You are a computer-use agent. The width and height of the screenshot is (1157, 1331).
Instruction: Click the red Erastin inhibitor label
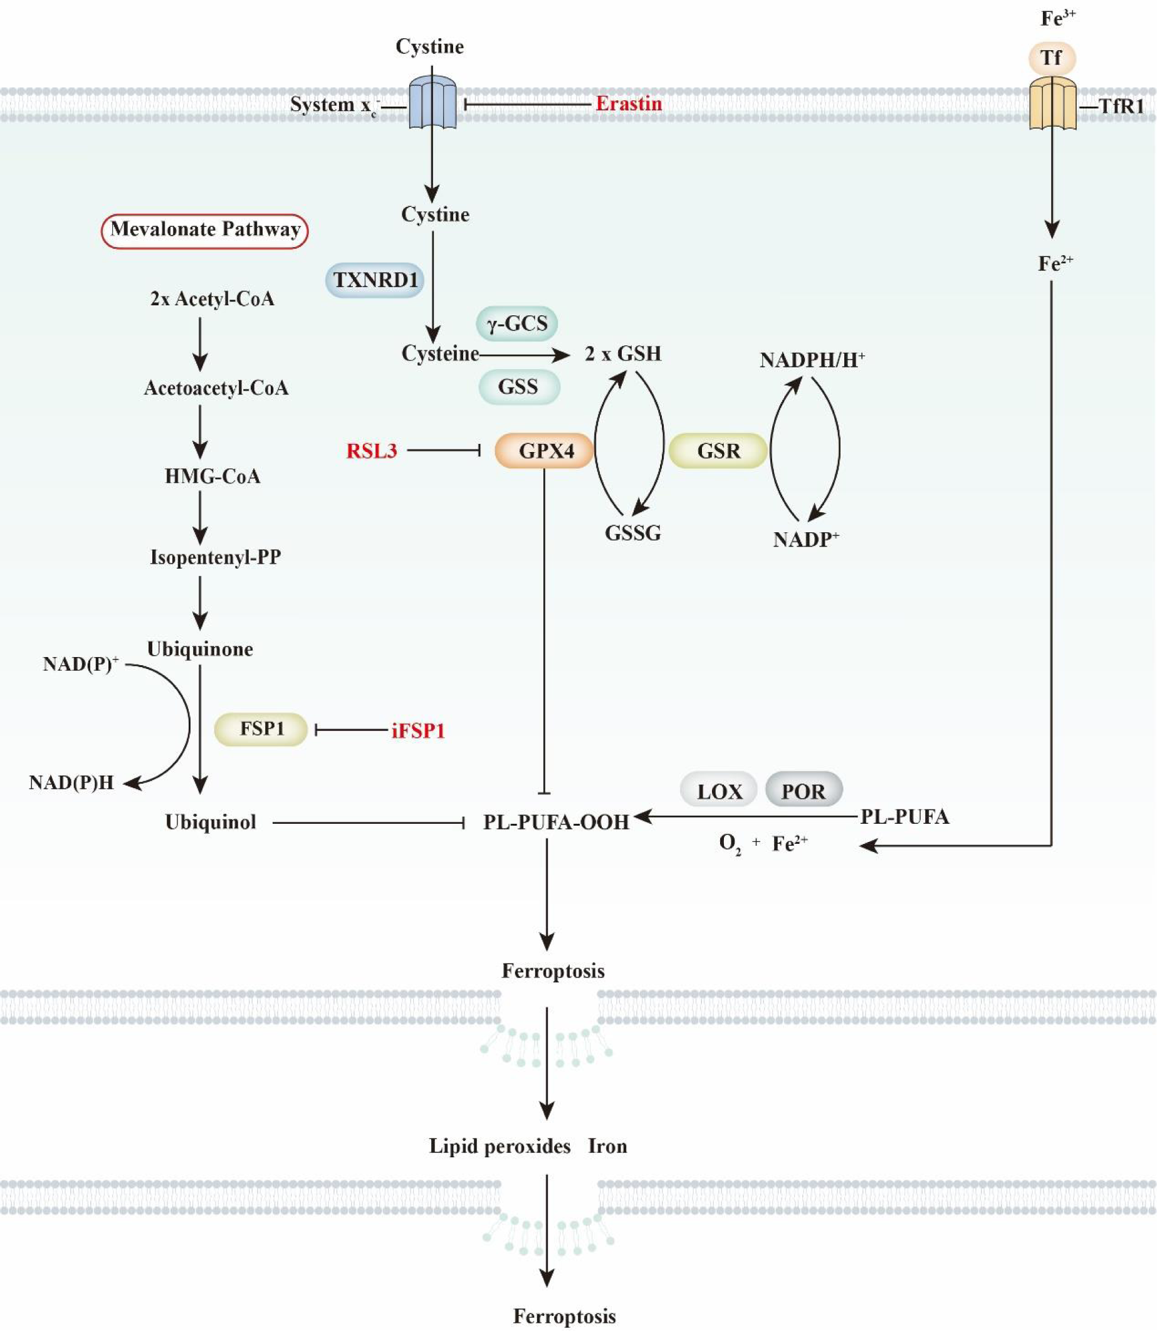pyautogui.click(x=628, y=103)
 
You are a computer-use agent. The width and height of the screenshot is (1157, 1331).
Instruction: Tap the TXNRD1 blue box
pyautogui.click(x=374, y=280)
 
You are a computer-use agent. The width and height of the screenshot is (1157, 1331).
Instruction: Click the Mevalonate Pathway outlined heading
pyautogui.click(x=205, y=230)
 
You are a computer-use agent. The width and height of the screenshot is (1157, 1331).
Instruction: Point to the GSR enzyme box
pyautogui.click(x=718, y=450)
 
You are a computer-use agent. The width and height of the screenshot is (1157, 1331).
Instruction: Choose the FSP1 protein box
pyautogui.click(x=261, y=729)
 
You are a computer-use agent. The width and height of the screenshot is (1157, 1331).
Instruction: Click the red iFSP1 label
pyautogui.click(x=419, y=730)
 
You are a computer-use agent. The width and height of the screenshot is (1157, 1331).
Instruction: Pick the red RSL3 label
pyautogui.click(x=371, y=451)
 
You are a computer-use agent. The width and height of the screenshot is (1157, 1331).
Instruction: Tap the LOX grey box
pyautogui.click(x=719, y=791)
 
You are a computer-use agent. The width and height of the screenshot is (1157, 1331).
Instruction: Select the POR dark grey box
pyautogui.click(x=803, y=791)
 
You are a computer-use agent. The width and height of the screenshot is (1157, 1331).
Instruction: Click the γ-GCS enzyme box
pyautogui.click(x=517, y=323)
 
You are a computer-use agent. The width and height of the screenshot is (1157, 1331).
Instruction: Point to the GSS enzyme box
pyautogui.click(x=518, y=386)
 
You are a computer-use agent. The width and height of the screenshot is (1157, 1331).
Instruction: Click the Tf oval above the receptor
pyautogui.click(x=1052, y=58)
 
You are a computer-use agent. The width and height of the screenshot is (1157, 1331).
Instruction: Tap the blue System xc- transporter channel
pyautogui.click(x=432, y=103)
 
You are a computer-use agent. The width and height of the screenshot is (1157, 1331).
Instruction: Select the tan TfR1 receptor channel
pyautogui.click(x=1052, y=103)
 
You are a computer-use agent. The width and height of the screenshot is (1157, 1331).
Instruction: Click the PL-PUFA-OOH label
pyautogui.click(x=556, y=822)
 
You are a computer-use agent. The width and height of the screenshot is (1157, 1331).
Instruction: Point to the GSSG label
pyautogui.click(x=633, y=534)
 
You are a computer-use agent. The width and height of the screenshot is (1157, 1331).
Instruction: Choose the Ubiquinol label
pyautogui.click(x=211, y=822)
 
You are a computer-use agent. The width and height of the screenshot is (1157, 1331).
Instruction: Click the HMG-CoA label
pyautogui.click(x=212, y=476)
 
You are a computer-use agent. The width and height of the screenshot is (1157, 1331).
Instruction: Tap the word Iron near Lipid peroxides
pyautogui.click(x=607, y=1145)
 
